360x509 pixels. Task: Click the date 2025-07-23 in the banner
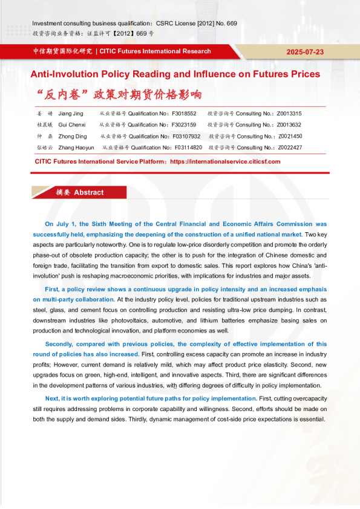(304, 52)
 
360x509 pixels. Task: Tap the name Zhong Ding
(73, 137)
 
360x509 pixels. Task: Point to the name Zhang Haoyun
(76, 148)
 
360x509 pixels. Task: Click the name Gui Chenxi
(72, 125)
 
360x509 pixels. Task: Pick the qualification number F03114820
(187, 148)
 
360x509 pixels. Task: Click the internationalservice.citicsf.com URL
(225, 162)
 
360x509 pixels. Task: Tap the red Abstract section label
(79, 192)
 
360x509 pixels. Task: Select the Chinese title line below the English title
(118, 95)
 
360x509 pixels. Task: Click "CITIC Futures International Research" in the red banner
(155, 51)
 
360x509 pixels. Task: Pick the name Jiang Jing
(71, 114)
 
